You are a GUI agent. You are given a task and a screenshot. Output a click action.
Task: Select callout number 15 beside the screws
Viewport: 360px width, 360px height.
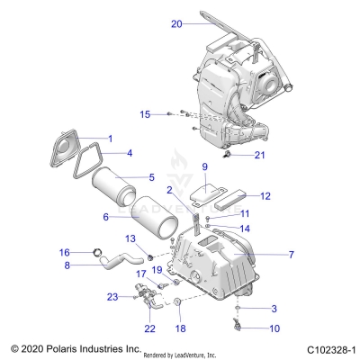pos(145,114)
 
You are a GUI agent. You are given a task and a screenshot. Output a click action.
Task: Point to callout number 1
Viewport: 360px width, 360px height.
pos(110,139)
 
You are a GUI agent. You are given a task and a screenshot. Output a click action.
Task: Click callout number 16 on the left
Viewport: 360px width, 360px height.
pos(64,252)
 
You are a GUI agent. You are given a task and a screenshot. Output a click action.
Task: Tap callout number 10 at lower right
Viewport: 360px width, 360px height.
pos(249,328)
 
